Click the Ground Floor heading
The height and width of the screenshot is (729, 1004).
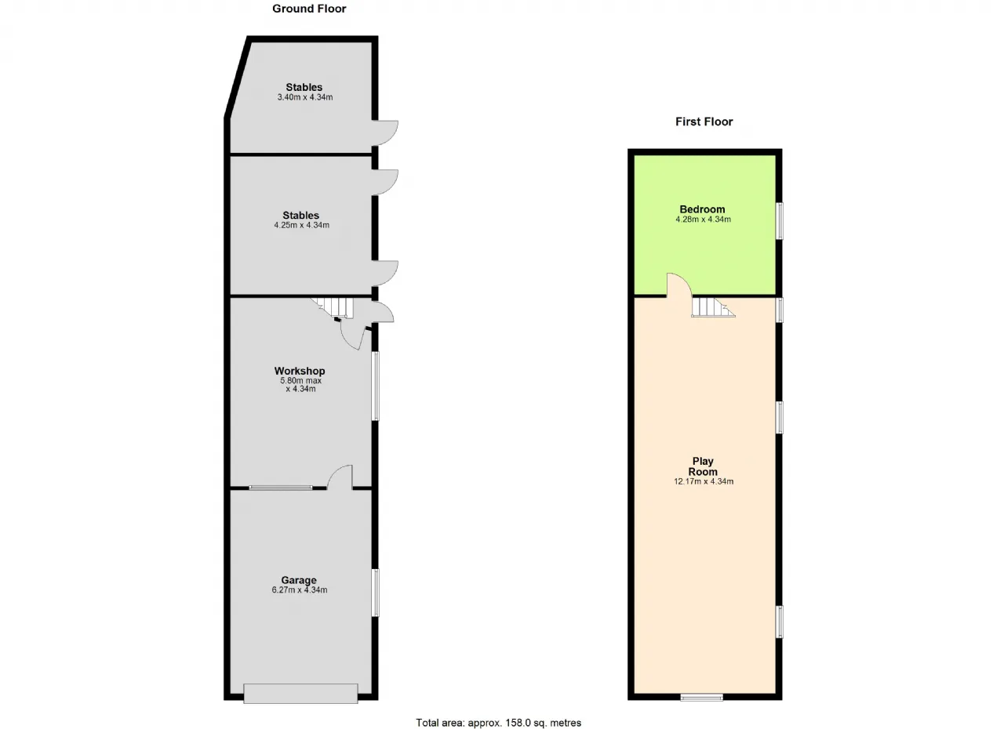pos(309,9)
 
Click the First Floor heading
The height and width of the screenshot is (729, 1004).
pos(704,121)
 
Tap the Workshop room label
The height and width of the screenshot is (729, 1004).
pos(300,371)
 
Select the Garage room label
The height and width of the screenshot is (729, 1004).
pos(299,580)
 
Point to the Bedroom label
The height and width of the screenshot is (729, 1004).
pos(702,209)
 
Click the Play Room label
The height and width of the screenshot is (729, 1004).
pos(703,466)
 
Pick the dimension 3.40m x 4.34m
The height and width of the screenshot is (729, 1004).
pos(305,97)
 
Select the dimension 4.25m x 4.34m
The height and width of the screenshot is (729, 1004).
pos(302,225)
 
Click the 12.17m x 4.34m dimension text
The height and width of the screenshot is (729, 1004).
pos(704,481)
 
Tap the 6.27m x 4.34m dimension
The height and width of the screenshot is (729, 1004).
pos(300,589)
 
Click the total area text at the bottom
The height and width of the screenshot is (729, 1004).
pos(498,710)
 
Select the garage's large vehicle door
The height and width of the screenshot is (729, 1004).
pos(300,694)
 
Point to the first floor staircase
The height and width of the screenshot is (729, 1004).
pos(713,307)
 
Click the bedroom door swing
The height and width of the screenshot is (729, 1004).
pos(679,285)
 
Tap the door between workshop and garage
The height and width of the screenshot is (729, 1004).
pos(340,477)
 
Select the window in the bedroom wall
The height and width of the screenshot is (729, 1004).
pos(780,221)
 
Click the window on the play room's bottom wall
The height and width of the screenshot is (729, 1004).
pos(701,697)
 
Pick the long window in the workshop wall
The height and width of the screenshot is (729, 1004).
pos(376,386)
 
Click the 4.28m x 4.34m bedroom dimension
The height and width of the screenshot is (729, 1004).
pos(704,219)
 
